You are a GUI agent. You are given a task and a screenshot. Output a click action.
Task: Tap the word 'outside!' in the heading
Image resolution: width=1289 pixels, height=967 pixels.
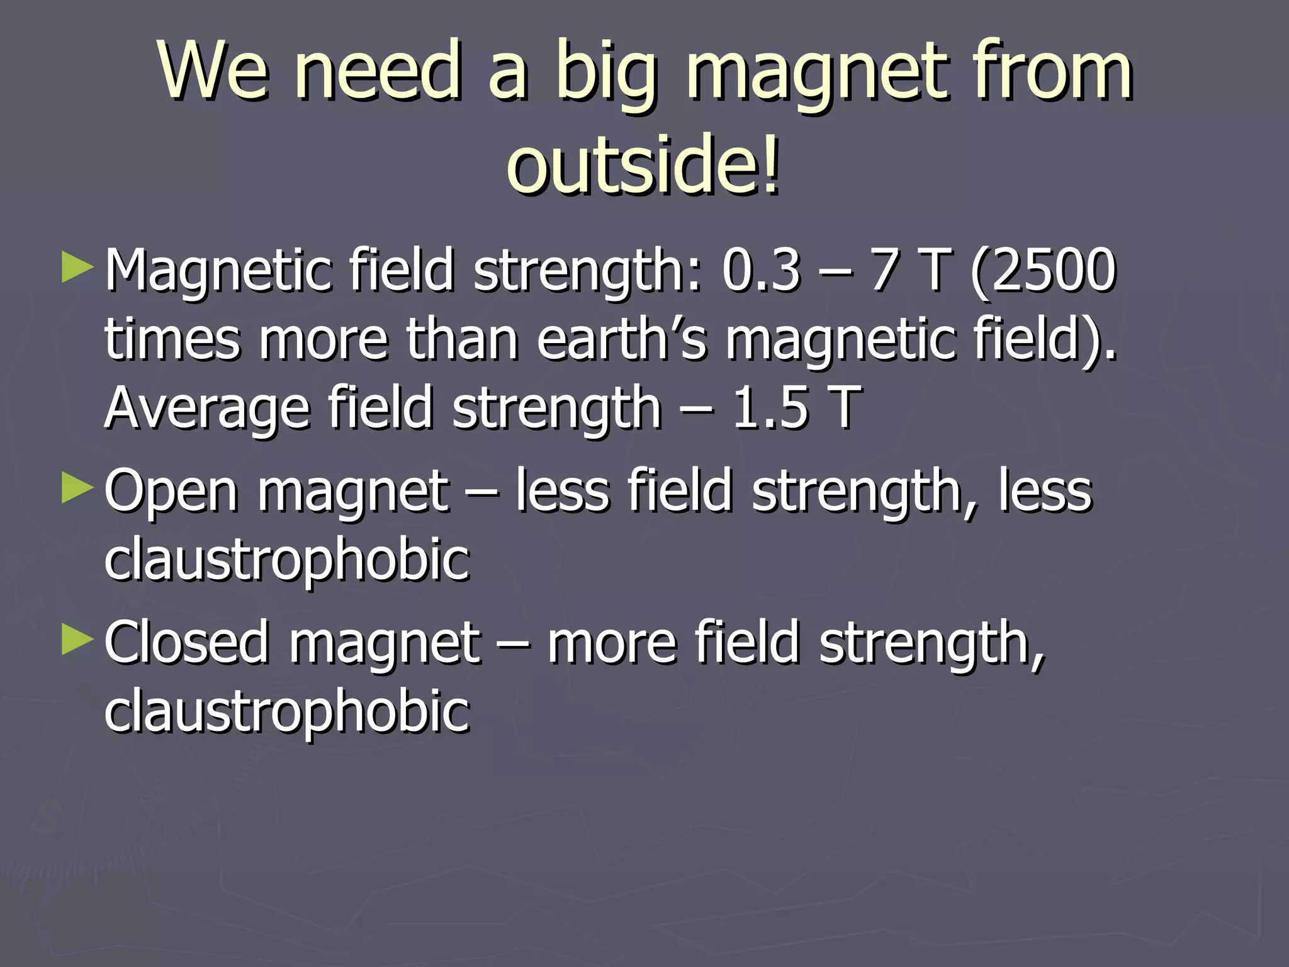click(x=643, y=165)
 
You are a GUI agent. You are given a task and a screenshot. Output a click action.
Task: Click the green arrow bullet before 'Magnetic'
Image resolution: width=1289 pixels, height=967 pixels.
click(x=77, y=268)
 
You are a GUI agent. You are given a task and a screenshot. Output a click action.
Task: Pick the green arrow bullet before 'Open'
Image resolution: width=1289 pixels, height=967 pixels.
click(x=77, y=489)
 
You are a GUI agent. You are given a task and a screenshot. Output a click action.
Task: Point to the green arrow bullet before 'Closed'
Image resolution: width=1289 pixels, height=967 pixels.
click(x=77, y=640)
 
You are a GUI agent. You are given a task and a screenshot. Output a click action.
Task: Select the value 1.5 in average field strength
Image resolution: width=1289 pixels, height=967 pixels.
click(x=770, y=407)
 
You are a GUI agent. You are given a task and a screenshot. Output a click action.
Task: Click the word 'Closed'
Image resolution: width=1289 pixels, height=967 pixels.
click(x=186, y=642)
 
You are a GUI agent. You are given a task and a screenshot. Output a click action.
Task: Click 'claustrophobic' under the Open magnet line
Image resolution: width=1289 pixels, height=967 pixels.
click(x=287, y=560)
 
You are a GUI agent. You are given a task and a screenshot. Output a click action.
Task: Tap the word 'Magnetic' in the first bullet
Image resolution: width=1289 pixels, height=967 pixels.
click(x=218, y=271)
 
